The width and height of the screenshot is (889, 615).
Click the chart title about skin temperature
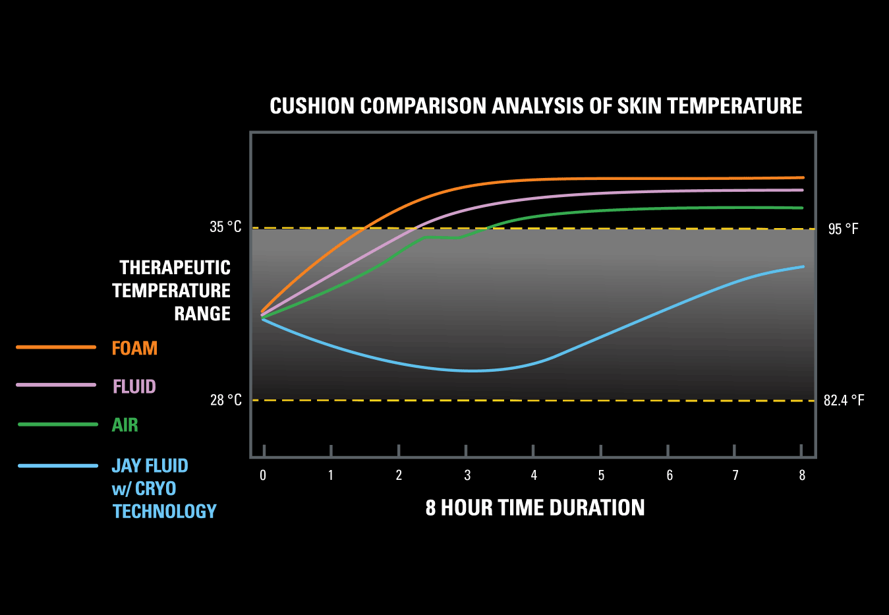(536, 106)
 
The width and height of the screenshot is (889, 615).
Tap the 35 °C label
(225, 227)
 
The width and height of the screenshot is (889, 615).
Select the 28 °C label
(225, 400)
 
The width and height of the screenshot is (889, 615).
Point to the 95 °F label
(843, 229)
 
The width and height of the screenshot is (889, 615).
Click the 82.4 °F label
(844, 400)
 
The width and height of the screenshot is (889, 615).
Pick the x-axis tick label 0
(263, 475)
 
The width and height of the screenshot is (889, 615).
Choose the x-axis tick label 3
(467, 475)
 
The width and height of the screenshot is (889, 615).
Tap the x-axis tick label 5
(601, 475)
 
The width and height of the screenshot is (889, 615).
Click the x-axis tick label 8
(802, 475)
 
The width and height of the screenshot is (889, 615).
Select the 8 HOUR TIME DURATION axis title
(535, 508)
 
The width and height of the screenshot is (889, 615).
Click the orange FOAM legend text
(134, 348)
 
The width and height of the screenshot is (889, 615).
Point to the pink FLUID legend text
(134, 386)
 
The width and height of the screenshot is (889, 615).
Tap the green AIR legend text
(125, 425)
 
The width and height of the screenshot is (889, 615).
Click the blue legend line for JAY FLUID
(58, 466)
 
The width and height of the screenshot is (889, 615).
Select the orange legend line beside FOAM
(56, 347)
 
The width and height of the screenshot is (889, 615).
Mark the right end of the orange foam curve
(802, 177)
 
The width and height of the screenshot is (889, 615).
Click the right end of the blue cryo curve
(802, 267)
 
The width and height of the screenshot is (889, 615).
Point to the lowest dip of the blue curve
(471, 370)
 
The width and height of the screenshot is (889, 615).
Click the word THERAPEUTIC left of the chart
(175, 268)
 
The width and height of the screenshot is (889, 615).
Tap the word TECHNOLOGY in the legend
(164, 512)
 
